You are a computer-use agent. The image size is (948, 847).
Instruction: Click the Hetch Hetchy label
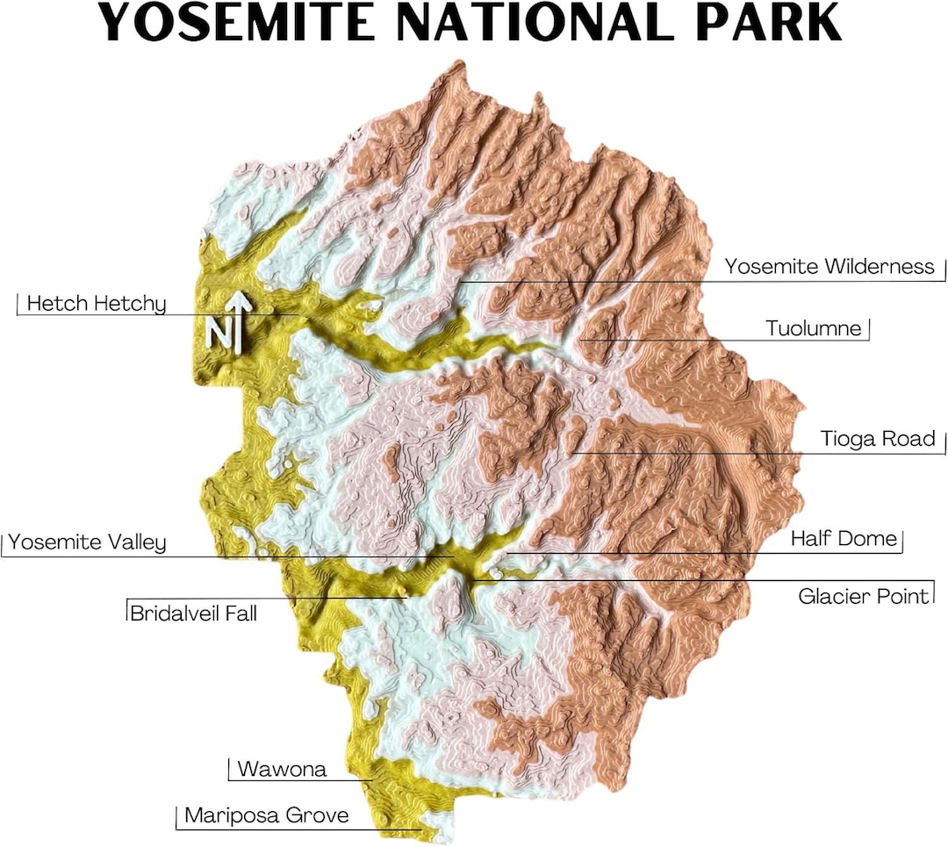pyautogui.click(x=96, y=305)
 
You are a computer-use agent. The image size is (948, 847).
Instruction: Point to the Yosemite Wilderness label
pyautogui.click(x=829, y=266)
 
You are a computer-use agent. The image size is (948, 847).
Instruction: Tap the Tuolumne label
pyautogui.click(x=814, y=329)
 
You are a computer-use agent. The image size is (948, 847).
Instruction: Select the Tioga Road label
pyautogui.click(x=878, y=438)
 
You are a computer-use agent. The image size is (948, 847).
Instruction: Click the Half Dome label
pyautogui.click(x=844, y=538)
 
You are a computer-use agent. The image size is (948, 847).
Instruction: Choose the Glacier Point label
pyautogui.click(x=863, y=597)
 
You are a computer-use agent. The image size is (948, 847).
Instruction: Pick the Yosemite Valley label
pyautogui.click(x=87, y=542)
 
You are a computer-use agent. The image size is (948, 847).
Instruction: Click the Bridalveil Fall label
pyautogui.click(x=193, y=613)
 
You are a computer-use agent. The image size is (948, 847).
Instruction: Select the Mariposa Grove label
pyautogui.click(x=266, y=815)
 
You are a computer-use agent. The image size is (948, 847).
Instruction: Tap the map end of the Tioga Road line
pyautogui.click(x=572, y=453)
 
